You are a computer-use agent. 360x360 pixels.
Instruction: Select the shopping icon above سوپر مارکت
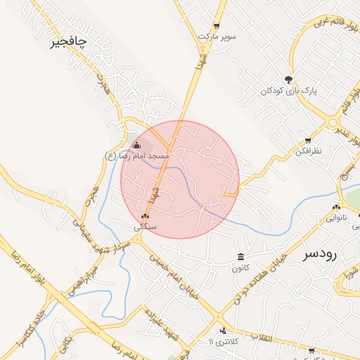point(217,25)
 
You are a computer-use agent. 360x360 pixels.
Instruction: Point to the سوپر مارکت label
point(217,35)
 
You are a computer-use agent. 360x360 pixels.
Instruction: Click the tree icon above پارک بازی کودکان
point(288,79)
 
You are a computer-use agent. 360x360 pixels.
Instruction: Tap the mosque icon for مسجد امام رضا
point(136,146)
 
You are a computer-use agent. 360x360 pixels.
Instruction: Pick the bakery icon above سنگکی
point(146,217)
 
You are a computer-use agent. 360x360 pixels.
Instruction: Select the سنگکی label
point(146,227)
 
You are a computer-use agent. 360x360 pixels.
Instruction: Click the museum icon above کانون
point(241,256)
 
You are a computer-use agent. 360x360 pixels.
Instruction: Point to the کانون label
point(240,267)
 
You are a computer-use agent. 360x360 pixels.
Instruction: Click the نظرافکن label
point(308,151)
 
